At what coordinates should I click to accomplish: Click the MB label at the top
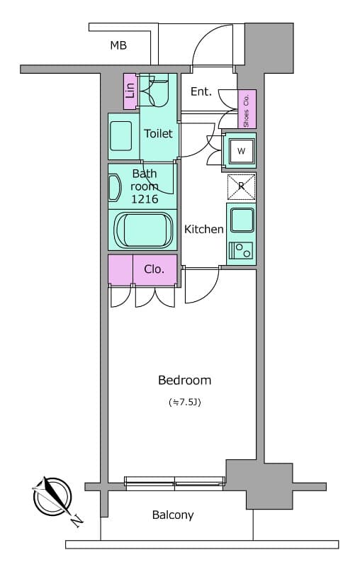pyautogui.click(x=118, y=46)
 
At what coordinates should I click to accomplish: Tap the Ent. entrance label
pyautogui.click(x=202, y=91)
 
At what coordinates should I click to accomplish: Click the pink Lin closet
pyautogui.click(x=130, y=91)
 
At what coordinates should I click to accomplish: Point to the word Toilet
pyautogui.click(x=158, y=133)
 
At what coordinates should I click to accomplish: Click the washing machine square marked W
pyautogui.click(x=241, y=150)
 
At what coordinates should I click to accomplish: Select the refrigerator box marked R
pyautogui.click(x=241, y=186)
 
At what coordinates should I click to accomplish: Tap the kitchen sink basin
pyautogui.click(x=241, y=220)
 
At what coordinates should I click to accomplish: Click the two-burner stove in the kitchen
pyautogui.click(x=241, y=250)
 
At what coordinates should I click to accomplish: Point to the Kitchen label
pyautogui.click(x=204, y=229)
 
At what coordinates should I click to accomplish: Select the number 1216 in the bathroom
pyautogui.click(x=144, y=199)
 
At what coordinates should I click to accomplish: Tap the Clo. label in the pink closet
pyautogui.click(x=154, y=269)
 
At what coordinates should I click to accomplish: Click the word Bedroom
pyautogui.click(x=184, y=380)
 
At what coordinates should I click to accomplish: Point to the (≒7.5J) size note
pyautogui.click(x=184, y=403)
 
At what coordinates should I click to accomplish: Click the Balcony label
pyautogui.click(x=173, y=515)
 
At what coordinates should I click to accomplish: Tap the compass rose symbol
pyautogui.click(x=50, y=495)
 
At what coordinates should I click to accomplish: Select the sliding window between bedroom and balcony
pyautogui.click(x=175, y=483)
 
